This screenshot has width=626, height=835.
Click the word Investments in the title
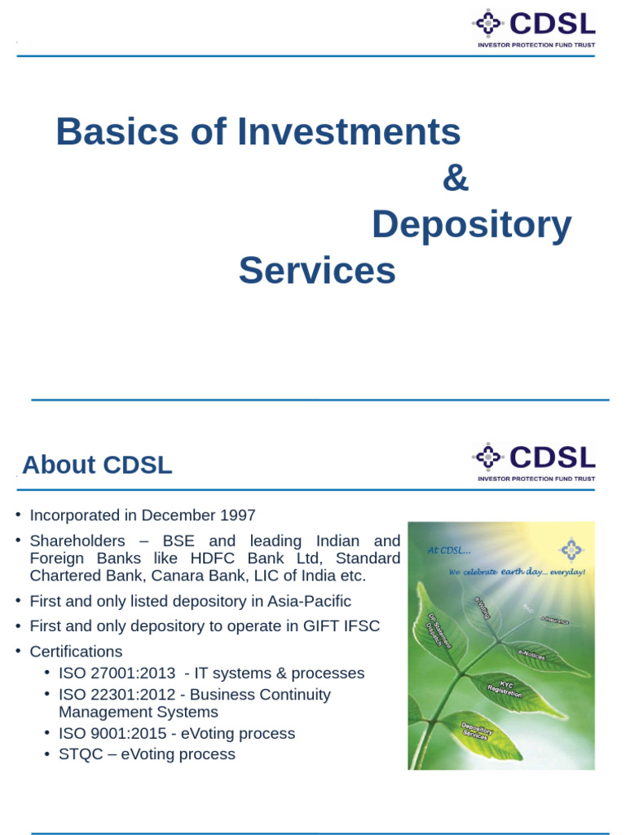click(349, 132)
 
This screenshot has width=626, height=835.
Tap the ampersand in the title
click(456, 179)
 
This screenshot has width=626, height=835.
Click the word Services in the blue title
click(317, 271)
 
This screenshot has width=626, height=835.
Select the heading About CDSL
click(97, 465)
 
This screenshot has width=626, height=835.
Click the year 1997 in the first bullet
click(236, 515)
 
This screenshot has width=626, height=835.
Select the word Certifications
click(76, 652)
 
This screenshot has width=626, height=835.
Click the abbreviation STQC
click(82, 754)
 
